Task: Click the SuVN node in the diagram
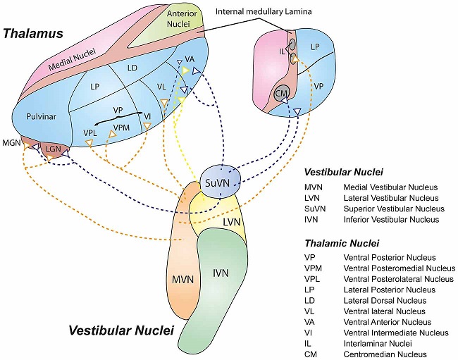[x=221, y=182]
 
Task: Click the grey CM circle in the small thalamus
[x=282, y=94]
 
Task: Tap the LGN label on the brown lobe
[x=55, y=149]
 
